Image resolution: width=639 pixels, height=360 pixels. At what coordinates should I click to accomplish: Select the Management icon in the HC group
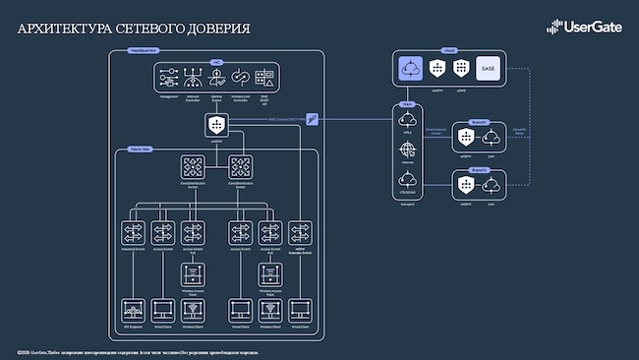(x=169, y=76)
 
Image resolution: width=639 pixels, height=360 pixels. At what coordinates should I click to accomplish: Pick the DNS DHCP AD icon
(x=263, y=76)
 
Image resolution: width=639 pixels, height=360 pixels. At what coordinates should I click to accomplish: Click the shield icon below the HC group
(x=216, y=124)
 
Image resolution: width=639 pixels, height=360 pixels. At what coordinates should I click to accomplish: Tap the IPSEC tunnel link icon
(x=313, y=119)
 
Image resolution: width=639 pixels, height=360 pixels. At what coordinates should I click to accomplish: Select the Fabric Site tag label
(x=141, y=149)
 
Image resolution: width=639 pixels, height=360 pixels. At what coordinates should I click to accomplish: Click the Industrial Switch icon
(x=134, y=232)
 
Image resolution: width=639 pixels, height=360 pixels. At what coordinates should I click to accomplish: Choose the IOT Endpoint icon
(x=134, y=310)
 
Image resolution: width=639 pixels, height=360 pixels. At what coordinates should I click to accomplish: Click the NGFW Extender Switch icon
(x=300, y=232)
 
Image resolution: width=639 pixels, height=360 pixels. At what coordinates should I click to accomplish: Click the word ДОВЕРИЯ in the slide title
(x=214, y=30)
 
